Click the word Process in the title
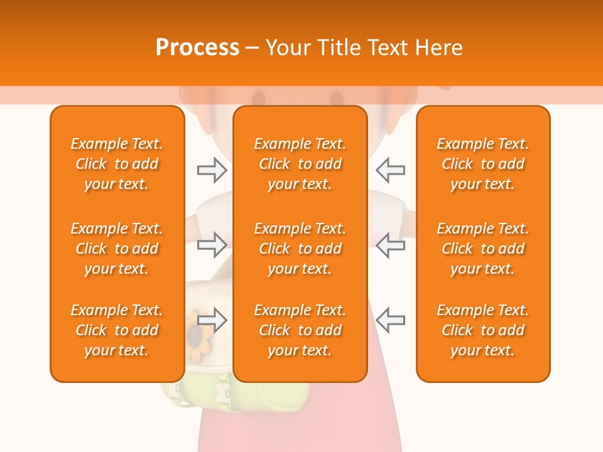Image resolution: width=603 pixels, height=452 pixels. (x=197, y=48)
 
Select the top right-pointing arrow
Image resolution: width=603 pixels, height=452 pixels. (x=212, y=170)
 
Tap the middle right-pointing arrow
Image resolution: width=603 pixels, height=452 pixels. (x=212, y=245)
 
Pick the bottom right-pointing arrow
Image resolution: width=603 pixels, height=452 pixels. (x=212, y=320)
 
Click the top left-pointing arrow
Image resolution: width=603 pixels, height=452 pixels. (x=391, y=169)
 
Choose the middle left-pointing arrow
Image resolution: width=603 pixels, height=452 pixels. (x=391, y=245)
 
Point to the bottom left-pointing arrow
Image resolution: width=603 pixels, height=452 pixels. (x=391, y=320)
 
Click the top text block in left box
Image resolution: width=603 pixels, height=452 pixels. (x=117, y=164)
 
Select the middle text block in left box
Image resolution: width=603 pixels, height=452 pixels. (x=117, y=249)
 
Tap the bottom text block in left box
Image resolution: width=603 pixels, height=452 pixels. (x=117, y=330)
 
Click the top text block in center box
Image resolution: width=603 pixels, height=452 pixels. (x=300, y=164)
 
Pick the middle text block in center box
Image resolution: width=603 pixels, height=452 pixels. (x=300, y=249)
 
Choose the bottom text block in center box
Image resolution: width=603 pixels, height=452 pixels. (x=300, y=330)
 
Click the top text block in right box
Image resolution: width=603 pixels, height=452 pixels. (x=482, y=164)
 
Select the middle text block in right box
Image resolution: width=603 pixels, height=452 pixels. (x=482, y=249)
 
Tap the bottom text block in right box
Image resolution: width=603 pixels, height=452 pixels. (x=482, y=330)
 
